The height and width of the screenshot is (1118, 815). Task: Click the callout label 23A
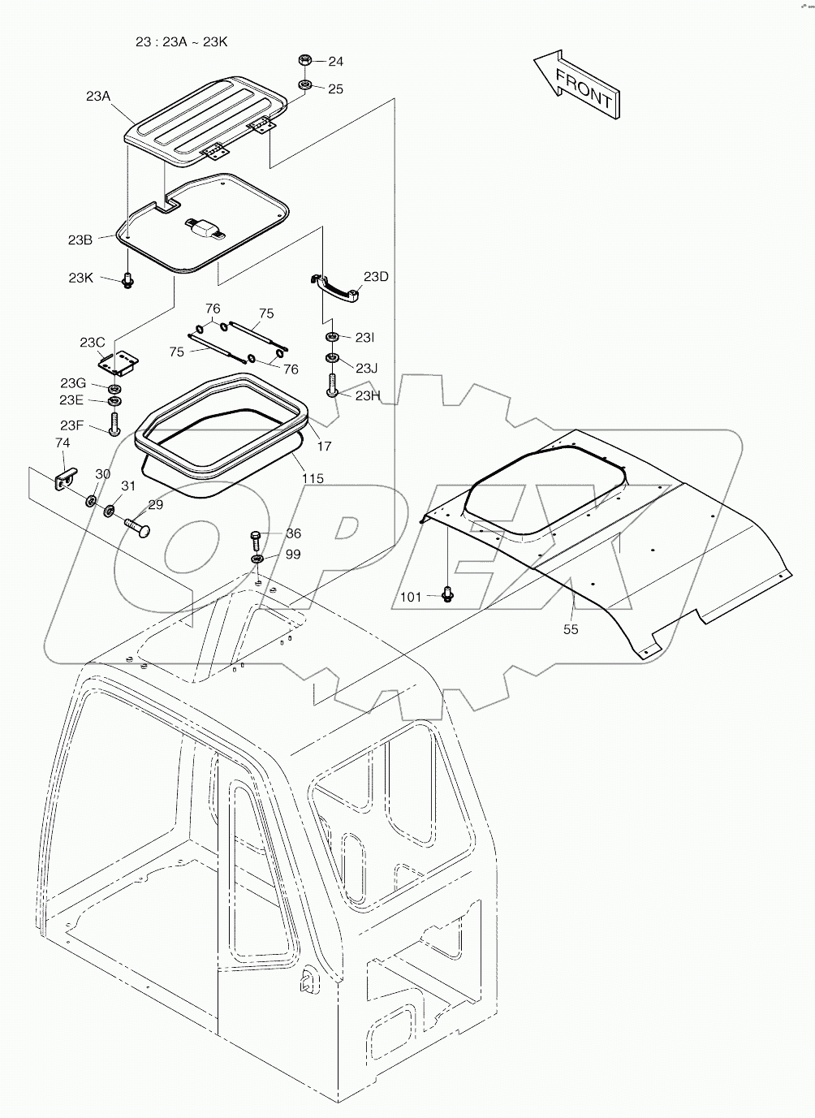point(98,96)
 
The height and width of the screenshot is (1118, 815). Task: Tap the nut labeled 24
point(306,60)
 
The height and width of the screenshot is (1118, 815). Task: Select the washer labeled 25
point(306,85)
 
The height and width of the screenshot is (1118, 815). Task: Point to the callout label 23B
point(80,240)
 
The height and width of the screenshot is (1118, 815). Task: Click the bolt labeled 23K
point(127,281)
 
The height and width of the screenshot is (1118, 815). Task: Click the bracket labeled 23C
point(119,362)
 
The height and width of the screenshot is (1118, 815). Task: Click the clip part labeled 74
point(63,478)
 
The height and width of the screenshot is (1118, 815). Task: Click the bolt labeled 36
point(256,537)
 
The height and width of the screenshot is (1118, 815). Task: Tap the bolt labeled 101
point(446,595)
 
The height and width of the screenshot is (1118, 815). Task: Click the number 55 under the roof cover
point(571,628)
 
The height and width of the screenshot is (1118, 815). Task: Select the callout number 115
point(313,478)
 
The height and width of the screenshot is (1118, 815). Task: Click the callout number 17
point(324,446)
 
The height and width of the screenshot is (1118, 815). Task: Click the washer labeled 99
point(257,559)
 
